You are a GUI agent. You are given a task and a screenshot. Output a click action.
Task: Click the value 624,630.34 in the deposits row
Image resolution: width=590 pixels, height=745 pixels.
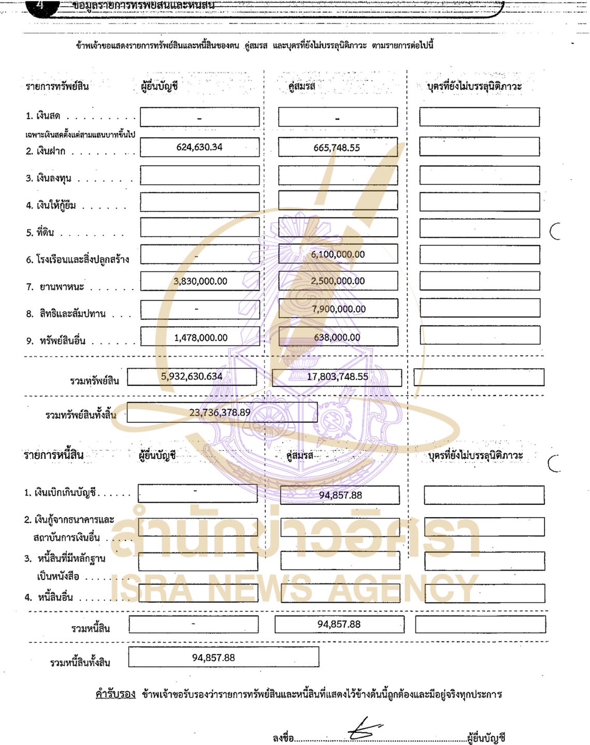pyautogui.click(x=199, y=147)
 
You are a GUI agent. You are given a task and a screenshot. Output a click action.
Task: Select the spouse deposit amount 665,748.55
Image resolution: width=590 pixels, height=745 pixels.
pyautogui.click(x=337, y=148)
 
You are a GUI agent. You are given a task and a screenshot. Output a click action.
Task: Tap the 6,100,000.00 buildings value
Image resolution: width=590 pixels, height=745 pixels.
pyautogui.click(x=338, y=254)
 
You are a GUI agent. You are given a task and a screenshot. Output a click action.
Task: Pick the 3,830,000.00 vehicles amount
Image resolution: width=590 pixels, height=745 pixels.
pyautogui.click(x=200, y=281)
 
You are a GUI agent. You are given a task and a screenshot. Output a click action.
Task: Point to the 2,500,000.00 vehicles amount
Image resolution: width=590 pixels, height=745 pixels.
pyautogui.click(x=338, y=281)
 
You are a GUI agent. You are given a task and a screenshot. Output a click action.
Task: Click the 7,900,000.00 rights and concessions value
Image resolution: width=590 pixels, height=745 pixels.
pyautogui.click(x=339, y=309)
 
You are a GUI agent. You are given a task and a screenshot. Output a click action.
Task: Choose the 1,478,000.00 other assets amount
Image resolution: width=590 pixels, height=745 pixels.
pyautogui.click(x=200, y=338)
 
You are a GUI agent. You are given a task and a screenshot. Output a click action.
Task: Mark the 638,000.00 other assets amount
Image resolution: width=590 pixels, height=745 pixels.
pyautogui.click(x=337, y=337)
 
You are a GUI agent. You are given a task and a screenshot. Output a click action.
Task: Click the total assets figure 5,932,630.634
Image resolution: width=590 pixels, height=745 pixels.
pyautogui.click(x=192, y=376)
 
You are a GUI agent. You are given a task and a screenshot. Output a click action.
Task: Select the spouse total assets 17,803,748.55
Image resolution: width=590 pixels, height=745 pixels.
pyautogui.click(x=338, y=377)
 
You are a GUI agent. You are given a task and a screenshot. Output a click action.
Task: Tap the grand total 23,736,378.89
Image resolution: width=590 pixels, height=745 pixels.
pyautogui.click(x=220, y=413)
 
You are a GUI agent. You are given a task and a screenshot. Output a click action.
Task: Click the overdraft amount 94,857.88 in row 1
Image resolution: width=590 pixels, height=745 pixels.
pyautogui.click(x=340, y=495)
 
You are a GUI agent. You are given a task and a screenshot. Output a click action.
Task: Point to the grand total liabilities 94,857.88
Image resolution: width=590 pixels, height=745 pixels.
pyautogui.click(x=213, y=658)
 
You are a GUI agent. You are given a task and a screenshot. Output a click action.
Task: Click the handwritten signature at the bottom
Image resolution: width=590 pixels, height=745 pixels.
pyautogui.click(x=365, y=728)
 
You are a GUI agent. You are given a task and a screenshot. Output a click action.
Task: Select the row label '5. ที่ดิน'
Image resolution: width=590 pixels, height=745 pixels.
pyautogui.click(x=40, y=232)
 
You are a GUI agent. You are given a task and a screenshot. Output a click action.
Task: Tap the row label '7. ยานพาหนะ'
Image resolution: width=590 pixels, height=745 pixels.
pyautogui.click(x=55, y=287)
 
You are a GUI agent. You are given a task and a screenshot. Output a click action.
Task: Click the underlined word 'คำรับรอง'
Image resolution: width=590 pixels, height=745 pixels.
pyautogui.click(x=116, y=694)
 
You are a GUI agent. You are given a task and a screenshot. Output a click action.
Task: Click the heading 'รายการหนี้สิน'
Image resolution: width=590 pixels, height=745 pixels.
pyautogui.click(x=54, y=455)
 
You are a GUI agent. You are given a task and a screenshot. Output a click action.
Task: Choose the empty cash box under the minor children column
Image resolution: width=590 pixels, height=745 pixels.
pyautogui.click(x=479, y=117)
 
